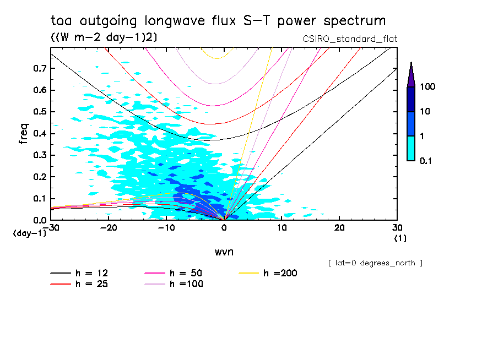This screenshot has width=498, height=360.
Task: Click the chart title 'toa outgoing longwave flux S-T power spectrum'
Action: (218, 21)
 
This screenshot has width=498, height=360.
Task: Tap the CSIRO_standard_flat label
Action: (350, 39)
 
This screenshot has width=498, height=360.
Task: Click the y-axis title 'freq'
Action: (23, 134)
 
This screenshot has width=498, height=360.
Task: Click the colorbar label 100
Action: (428, 87)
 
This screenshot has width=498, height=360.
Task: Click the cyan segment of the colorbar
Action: (411, 148)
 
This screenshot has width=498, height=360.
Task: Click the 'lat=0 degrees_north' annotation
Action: (375, 263)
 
